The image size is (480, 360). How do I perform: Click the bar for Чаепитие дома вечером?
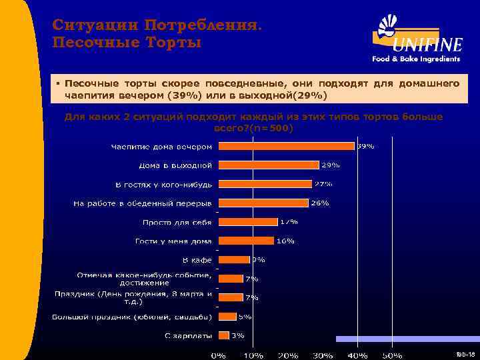click(x=287, y=146)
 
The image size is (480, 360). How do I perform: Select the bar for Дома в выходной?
click(x=269, y=165)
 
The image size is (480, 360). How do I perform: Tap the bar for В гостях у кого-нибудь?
click(x=265, y=184)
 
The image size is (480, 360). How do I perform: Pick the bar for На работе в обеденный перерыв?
click(x=263, y=203)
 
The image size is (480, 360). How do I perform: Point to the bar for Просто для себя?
click(x=248, y=222)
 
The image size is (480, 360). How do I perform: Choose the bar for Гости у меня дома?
click(x=246, y=241)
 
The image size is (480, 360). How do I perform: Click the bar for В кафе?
click(x=234, y=259)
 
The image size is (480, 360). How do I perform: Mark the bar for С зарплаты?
click(x=223, y=335)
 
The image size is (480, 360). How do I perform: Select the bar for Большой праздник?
click(x=227, y=316)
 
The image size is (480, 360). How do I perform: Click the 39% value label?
click(x=366, y=145)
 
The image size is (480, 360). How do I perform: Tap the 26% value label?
click(x=320, y=203)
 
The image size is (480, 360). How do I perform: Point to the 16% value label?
click(x=285, y=241)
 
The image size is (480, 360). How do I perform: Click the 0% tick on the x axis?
click(x=218, y=355)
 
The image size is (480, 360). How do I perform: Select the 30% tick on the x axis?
click(x=323, y=355)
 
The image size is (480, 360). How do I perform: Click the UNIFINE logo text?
click(x=427, y=45)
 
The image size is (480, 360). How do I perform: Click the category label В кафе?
click(x=197, y=259)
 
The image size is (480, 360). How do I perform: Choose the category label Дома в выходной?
click(x=175, y=165)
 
